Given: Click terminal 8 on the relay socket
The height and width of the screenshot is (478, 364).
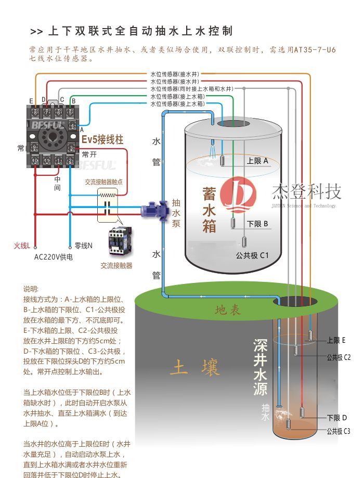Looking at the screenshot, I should pos(35,112).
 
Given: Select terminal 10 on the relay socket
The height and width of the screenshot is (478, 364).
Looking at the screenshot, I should pos(35,161).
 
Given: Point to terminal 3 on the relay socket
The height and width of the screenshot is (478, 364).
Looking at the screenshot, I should pos(71,148).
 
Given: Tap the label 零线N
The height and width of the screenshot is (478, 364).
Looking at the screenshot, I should pos(83,246).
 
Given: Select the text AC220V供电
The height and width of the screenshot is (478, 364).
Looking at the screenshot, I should pos(54,257).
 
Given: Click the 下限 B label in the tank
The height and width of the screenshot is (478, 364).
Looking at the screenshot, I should pos(257,224).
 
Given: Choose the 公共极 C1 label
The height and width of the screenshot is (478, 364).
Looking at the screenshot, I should pos(252,255).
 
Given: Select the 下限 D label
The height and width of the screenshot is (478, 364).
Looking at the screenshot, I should pos(336,418).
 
